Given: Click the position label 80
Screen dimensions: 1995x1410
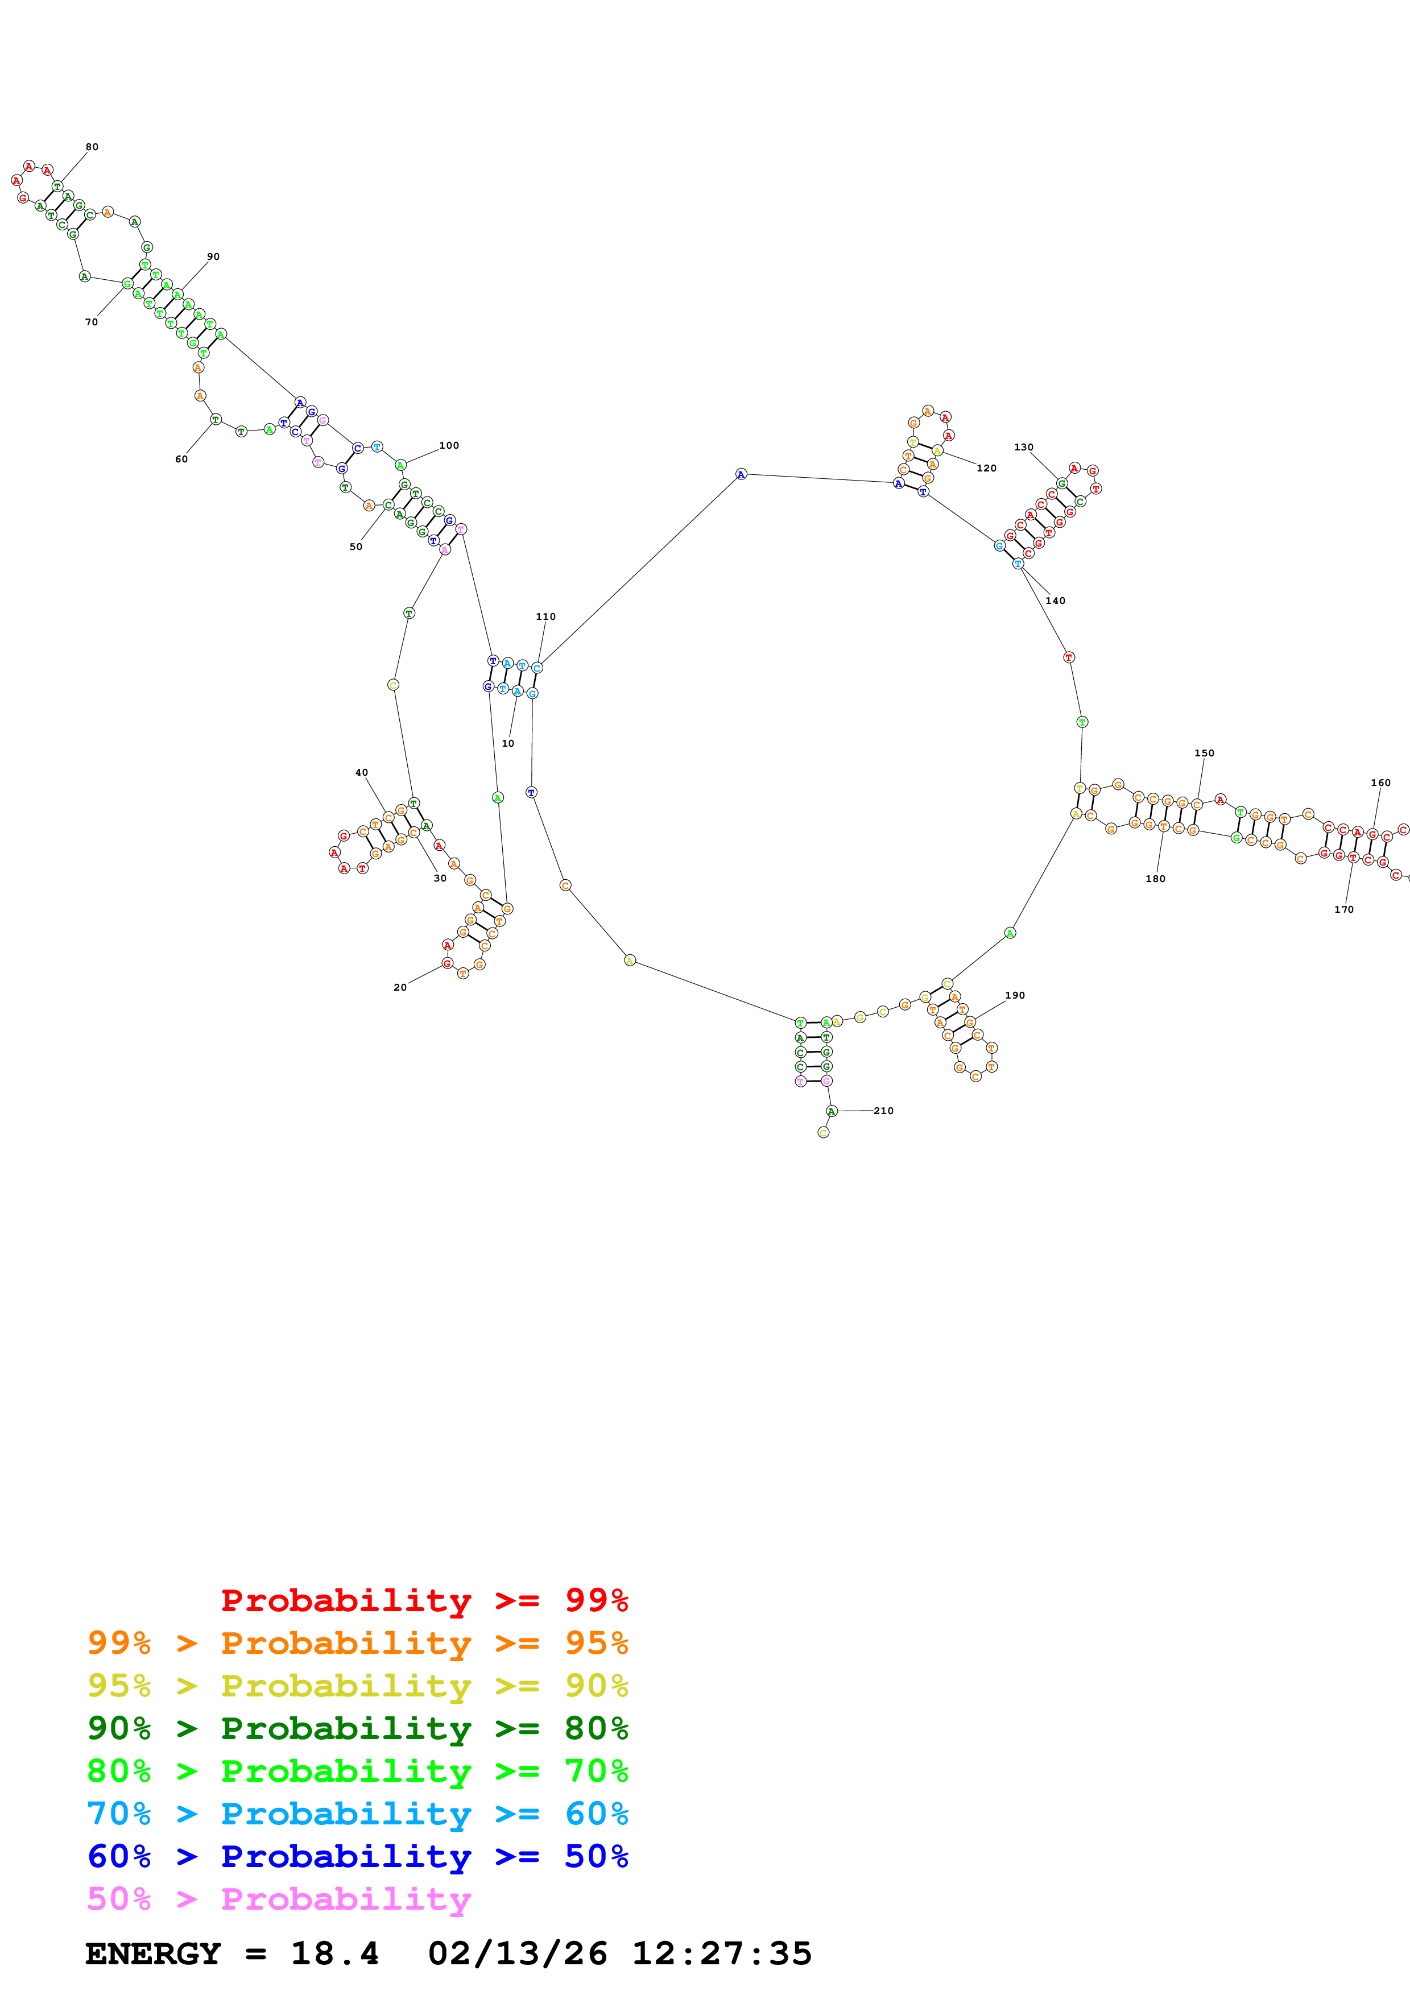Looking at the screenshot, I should tap(92, 147).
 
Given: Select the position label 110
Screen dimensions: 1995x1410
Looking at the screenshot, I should tap(545, 617).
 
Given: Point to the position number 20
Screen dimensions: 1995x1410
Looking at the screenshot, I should tap(400, 987).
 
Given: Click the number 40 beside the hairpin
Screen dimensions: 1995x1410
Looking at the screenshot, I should tap(361, 772).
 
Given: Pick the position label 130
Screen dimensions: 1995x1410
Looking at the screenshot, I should tap(1023, 448).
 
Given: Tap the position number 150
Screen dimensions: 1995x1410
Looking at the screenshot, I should tap(1204, 754).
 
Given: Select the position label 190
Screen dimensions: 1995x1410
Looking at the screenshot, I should tap(1015, 996).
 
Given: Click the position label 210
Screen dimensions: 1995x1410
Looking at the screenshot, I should tap(883, 1111).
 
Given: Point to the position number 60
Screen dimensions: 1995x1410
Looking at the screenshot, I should tap(181, 460).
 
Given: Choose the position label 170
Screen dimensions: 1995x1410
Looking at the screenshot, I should tap(1344, 910).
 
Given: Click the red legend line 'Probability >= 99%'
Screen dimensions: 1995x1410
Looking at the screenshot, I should tap(424, 1600).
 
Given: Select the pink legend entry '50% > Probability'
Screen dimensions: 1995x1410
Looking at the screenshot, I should tap(279, 1898).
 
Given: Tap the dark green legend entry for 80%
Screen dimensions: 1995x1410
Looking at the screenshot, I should tap(357, 1728).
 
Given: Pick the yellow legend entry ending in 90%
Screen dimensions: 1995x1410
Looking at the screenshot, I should tap(357, 1686).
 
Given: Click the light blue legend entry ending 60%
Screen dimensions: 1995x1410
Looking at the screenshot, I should tap(357, 1814).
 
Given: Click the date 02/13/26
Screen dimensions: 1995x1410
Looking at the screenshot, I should tap(518, 1953).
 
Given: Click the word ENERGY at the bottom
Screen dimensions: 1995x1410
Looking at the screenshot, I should tap(153, 1953).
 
